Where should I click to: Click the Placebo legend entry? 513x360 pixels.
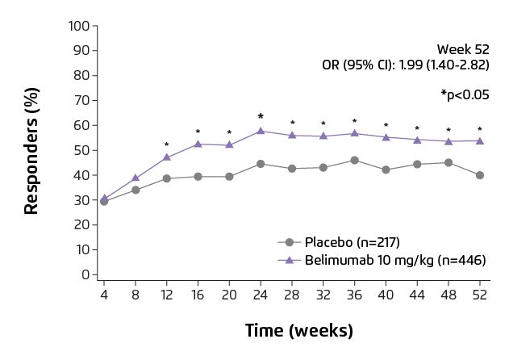(x=352, y=241)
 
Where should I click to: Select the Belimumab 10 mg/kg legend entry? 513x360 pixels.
(x=395, y=260)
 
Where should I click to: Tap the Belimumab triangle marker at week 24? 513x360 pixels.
(x=261, y=131)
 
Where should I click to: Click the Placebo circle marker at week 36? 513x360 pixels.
(x=355, y=161)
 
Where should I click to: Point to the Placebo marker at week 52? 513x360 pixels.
(x=480, y=175)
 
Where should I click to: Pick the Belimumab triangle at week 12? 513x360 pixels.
(x=167, y=157)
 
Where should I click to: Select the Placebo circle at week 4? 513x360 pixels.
(x=104, y=201)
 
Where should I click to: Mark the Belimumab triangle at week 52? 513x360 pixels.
(x=480, y=140)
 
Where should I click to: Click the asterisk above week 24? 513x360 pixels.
(x=261, y=117)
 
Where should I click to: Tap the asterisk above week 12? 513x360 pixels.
(x=167, y=145)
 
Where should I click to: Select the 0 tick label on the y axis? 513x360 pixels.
(x=84, y=274)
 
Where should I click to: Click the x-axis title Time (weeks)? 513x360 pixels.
(x=298, y=331)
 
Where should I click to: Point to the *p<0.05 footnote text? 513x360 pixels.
(x=465, y=94)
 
